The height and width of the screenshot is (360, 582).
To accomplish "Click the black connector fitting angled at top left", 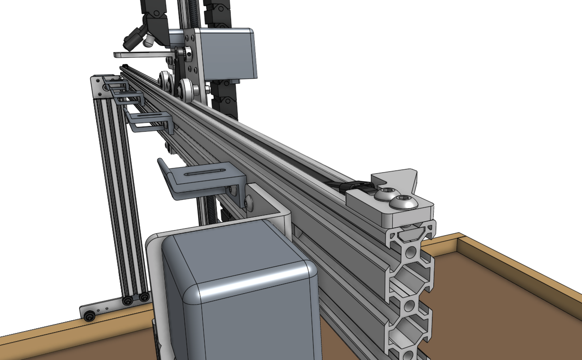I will (134, 38).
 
